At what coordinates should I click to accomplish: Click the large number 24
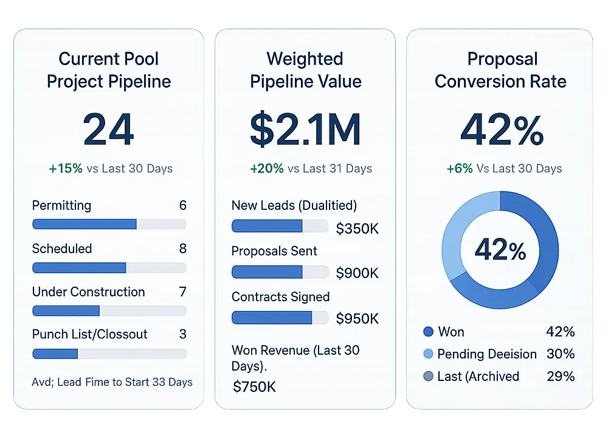[x=108, y=129]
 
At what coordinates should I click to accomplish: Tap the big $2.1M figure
[x=305, y=129]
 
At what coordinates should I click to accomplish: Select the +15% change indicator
[x=65, y=169]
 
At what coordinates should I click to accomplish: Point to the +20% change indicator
[x=266, y=169]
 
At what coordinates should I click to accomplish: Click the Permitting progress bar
[x=109, y=224]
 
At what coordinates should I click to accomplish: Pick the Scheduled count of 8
[x=182, y=248]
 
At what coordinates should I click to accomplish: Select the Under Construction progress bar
[x=109, y=310]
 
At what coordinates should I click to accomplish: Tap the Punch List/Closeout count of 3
[x=182, y=334]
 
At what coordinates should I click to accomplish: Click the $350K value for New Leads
[x=358, y=228]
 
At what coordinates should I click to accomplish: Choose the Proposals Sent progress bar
[x=280, y=272]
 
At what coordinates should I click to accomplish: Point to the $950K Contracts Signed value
[x=358, y=318]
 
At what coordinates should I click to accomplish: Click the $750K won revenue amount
[x=255, y=386]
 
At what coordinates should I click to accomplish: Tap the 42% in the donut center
[x=500, y=250]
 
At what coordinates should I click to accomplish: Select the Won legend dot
[x=428, y=332]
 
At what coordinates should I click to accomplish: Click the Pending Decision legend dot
[x=428, y=354]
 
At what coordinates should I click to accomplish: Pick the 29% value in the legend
[x=560, y=376]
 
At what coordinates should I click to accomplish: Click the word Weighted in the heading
[x=305, y=59]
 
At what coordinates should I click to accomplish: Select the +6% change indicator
[x=460, y=169]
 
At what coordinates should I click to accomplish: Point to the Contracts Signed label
[x=280, y=297]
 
